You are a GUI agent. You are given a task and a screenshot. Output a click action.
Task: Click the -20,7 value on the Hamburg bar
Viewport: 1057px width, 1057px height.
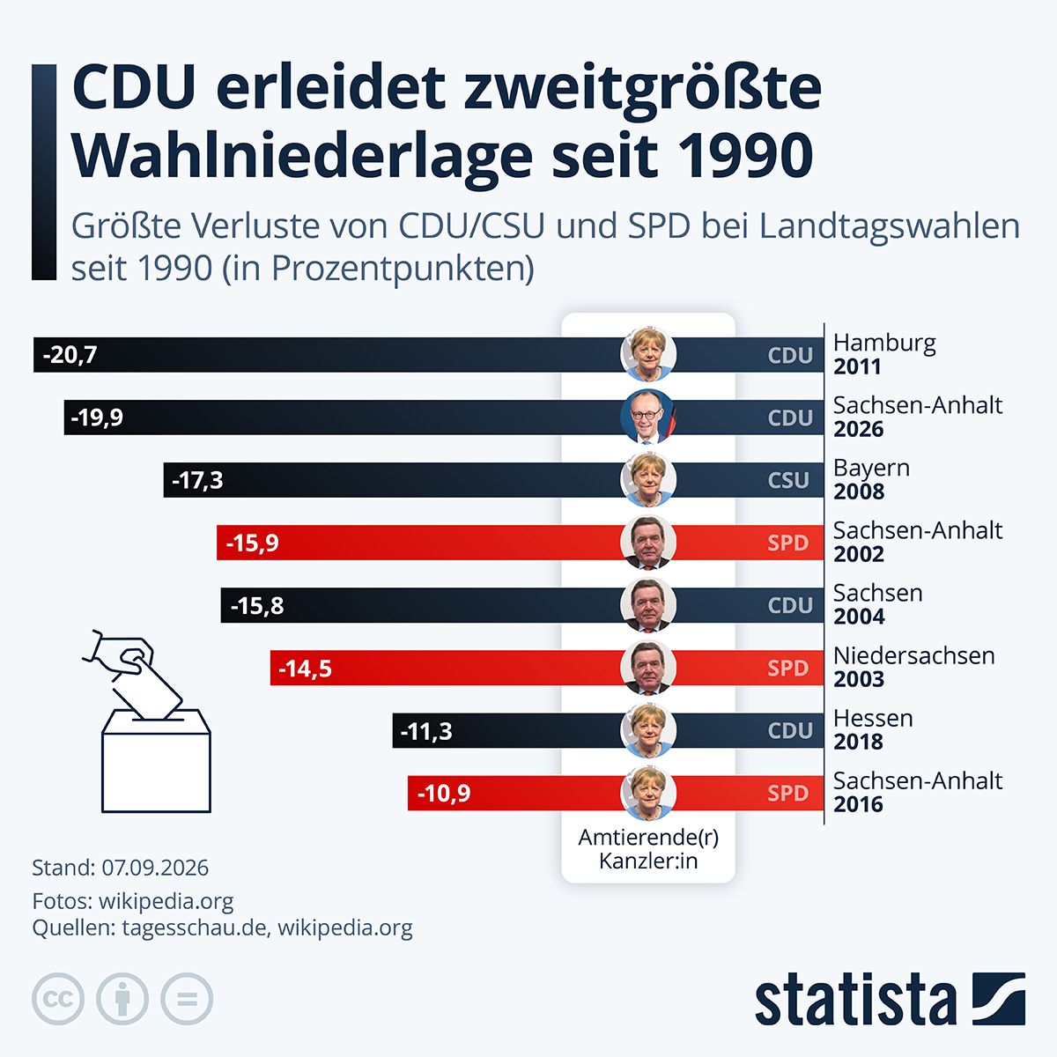click(x=70, y=355)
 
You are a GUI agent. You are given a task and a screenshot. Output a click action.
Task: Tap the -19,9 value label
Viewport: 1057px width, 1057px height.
click(x=97, y=418)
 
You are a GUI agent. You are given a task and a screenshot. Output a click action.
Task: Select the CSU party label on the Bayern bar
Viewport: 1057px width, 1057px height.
click(x=788, y=481)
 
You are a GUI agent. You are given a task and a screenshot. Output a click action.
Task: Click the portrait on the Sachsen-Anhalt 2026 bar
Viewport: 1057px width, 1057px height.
click(x=648, y=417)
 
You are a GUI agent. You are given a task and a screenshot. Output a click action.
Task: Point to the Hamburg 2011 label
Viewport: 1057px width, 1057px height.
click(x=884, y=354)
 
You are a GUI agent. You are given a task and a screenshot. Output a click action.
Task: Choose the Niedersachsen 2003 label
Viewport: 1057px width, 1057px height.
click(x=913, y=667)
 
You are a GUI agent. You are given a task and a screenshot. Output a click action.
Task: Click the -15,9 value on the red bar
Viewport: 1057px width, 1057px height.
click(x=252, y=543)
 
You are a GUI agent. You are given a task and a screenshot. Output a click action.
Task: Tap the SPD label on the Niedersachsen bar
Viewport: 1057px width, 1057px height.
click(x=788, y=668)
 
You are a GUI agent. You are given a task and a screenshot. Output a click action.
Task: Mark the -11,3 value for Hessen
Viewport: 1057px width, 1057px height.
click(x=426, y=731)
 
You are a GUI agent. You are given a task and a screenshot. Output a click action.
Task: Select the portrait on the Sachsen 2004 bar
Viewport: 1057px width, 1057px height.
click(x=648, y=605)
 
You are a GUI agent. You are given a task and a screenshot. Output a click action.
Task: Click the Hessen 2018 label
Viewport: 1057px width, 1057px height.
click(x=873, y=730)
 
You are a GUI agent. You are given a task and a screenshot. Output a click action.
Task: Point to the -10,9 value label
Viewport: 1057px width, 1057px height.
click(x=444, y=793)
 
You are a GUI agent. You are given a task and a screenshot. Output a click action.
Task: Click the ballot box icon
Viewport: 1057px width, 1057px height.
click(x=156, y=760)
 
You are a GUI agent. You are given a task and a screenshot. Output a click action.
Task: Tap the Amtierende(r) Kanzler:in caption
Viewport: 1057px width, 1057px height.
click(x=648, y=849)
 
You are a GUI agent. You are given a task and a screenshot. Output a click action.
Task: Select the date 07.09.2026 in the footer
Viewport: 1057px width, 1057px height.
click(x=155, y=869)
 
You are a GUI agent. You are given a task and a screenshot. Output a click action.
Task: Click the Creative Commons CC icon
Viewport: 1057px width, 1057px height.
click(x=58, y=998)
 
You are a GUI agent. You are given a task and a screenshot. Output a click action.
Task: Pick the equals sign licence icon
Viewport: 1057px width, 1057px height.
click(x=187, y=998)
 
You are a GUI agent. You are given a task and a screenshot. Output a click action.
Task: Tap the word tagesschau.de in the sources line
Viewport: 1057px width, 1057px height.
click(x=196, y=928)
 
